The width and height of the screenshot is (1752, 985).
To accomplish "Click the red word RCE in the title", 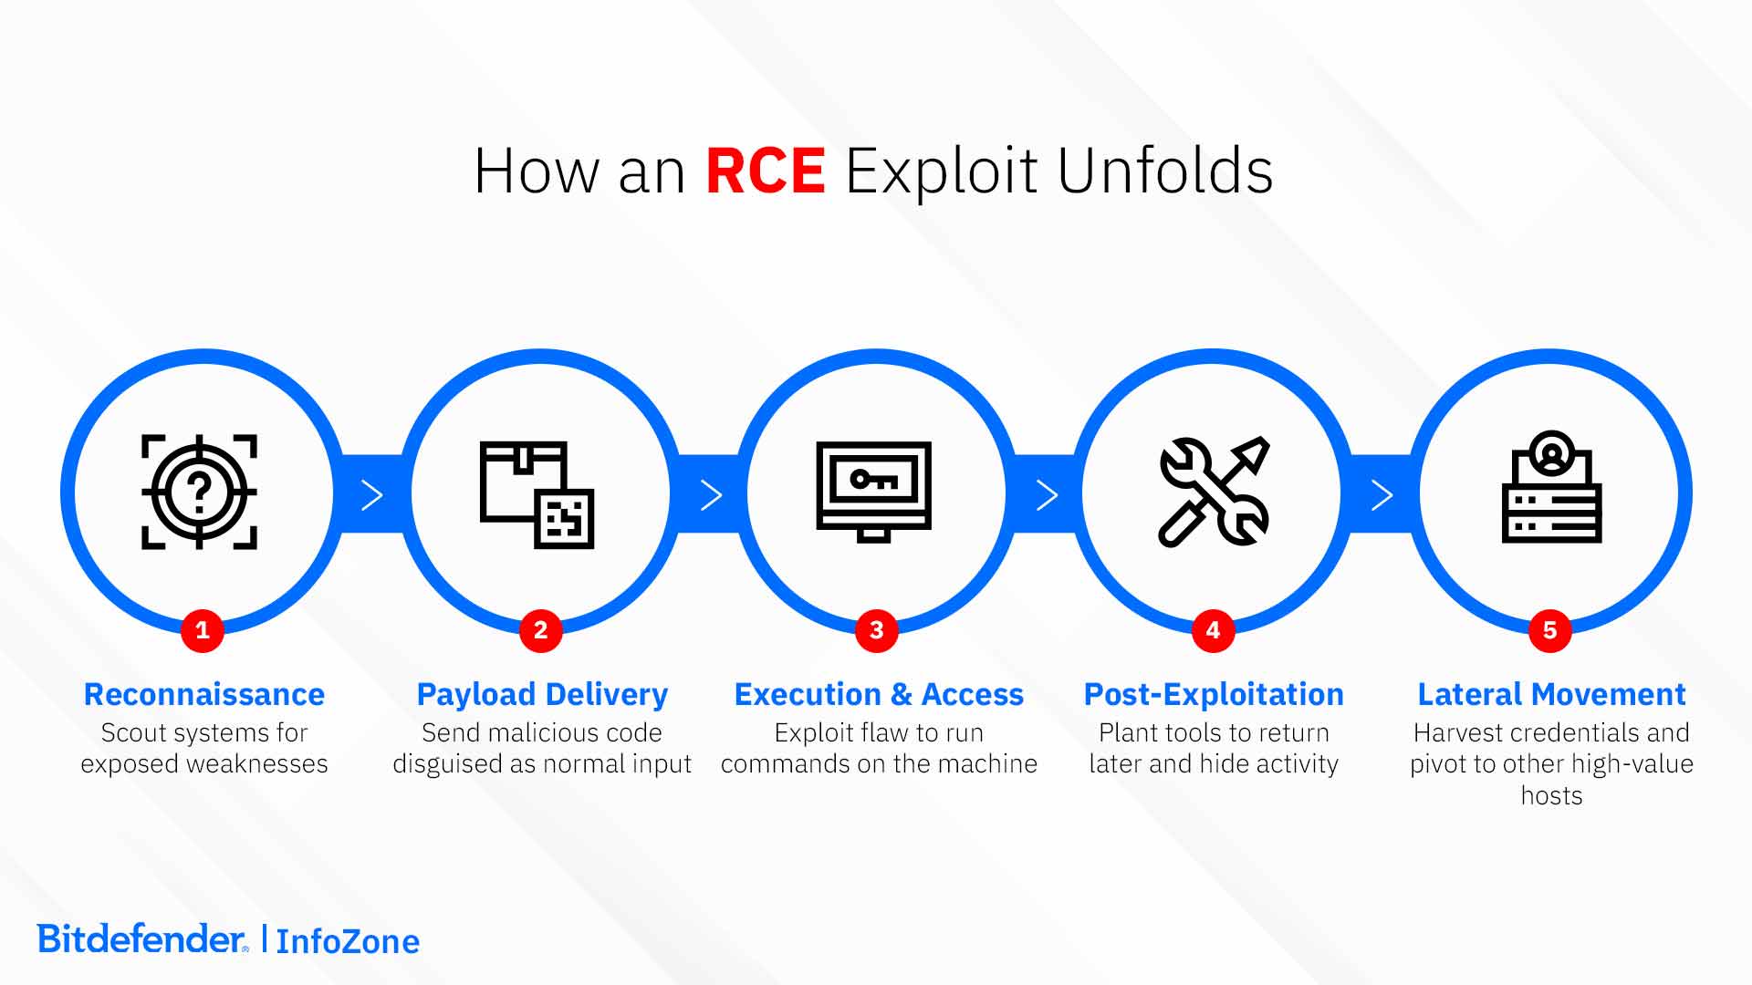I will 765,171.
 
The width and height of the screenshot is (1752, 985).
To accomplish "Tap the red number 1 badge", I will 203,630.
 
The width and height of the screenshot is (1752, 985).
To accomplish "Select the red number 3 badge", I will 876,630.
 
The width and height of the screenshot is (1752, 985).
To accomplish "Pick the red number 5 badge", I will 1549,630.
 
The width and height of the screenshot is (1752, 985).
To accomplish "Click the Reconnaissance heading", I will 203,694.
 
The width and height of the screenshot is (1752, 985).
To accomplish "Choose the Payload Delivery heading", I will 542,694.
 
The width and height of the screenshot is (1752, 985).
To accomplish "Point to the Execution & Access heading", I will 879,694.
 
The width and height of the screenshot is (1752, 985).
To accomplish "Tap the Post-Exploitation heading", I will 1214,694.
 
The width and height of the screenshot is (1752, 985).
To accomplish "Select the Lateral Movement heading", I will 1551,694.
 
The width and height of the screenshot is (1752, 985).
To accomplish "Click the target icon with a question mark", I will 199,493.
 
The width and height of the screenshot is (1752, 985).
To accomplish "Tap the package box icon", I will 537,494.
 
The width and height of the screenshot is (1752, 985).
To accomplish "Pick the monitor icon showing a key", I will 873,491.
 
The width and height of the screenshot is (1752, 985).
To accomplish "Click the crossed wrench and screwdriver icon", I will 1213,493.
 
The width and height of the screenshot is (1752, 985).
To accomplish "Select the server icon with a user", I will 1550,488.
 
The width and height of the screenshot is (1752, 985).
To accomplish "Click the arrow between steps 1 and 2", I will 371,495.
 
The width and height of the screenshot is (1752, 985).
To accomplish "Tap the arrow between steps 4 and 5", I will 1382,495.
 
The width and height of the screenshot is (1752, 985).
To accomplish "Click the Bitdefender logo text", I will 141,938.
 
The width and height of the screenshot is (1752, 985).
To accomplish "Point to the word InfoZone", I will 348,941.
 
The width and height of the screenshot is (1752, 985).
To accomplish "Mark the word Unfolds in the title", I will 1164,171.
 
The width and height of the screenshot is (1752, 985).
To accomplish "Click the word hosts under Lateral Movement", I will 1551,795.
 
